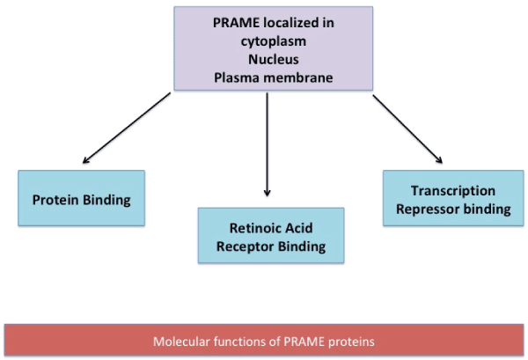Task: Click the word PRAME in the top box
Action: click(232, 22)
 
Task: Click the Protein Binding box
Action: click(81, 200)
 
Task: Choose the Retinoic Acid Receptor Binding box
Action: click(271, 236)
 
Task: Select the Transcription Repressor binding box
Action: click(452, 200)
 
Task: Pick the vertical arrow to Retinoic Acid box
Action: click(267, 145)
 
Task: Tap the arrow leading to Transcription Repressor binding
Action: click(407, 129)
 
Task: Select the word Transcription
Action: click(452, 191)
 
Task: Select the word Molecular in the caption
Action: click(182, 341)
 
